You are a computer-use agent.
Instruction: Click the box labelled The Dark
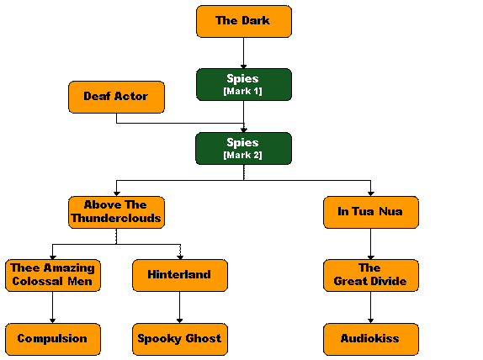coord(244,21)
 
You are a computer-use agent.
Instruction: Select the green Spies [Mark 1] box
coord(244,84)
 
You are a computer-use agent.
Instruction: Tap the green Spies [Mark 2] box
coord(244,148)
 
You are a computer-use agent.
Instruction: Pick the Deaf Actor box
coord(116,97)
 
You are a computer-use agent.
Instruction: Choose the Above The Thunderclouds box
coord(116,212)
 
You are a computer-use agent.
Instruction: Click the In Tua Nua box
coord(371,212)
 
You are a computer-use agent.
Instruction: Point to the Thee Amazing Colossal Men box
coord(53,275)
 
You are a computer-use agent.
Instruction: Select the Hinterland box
coord(180,275)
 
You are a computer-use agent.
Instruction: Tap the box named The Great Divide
coord(371,275)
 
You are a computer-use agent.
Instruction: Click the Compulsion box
coord(53,339)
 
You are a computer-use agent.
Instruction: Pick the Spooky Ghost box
coord(180,339)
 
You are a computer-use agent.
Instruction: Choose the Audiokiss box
coord(371,339)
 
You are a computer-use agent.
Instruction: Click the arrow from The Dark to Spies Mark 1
coord(244,53)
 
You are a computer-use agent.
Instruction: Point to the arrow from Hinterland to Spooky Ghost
coord(180,307)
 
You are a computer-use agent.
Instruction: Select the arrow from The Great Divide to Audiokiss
coord(371,307)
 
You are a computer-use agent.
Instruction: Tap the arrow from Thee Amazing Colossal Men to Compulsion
coord(53,307)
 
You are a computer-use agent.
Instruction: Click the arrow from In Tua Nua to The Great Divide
coord(371,244)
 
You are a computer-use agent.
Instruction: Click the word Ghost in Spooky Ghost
coord(204,339)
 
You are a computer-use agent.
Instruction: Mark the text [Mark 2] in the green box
coord(242,155)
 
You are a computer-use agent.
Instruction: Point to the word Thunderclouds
coord(116,219)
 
